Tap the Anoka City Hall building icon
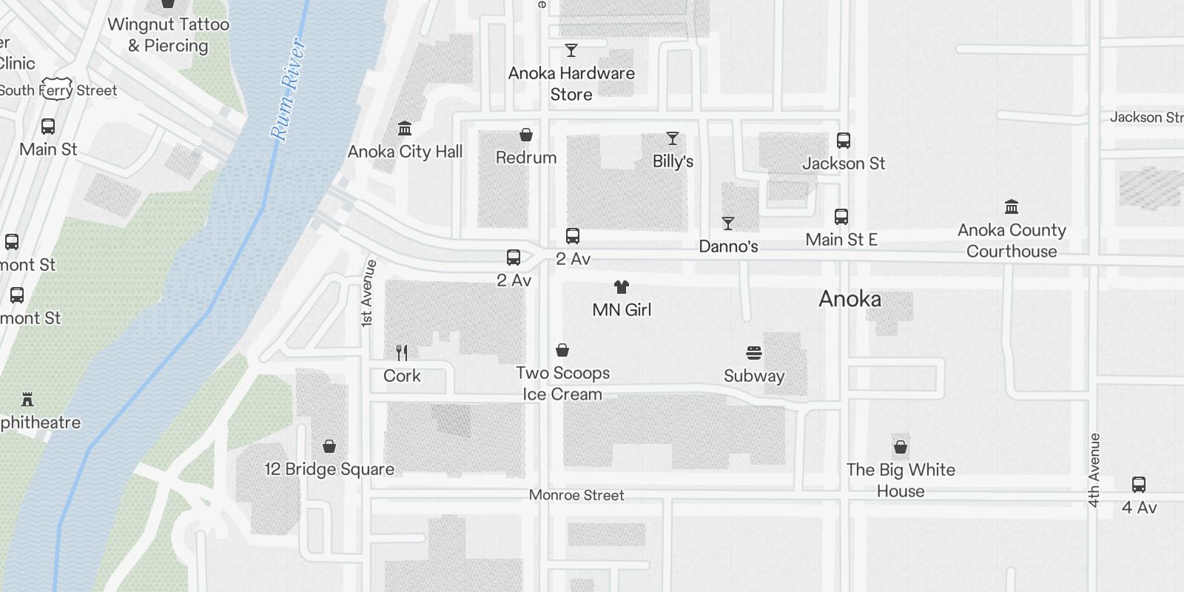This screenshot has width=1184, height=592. tap(405, 129)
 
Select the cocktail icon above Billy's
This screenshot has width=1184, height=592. tap(672, 138)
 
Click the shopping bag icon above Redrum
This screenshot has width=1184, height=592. tap(526, 135)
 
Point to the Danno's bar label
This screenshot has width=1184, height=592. tap(728, 246)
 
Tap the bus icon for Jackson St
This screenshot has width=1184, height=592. tap(843, 141)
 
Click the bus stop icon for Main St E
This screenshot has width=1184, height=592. tap(841, 217)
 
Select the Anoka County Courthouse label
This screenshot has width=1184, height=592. tap(1011, 240)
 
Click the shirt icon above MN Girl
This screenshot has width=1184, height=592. tap(622, 287)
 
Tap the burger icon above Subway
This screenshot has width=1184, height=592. tap(754, 353)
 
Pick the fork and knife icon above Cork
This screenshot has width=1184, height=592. tap(402, 352)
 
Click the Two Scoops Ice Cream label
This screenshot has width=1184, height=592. tap(562, 383)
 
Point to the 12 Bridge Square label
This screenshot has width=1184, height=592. tap(329, 469)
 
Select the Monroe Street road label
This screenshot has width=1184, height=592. tap(576, 495)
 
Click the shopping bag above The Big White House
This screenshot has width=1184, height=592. tap(901, 447)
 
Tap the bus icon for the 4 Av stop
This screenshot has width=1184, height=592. tap(1138, 485)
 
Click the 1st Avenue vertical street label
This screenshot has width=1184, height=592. tap(368, 294)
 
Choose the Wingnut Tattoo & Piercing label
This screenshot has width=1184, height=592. tap(169, 35)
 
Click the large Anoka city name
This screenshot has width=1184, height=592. tap(850, 299)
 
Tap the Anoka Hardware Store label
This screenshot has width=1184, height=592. tap(571, 84)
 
